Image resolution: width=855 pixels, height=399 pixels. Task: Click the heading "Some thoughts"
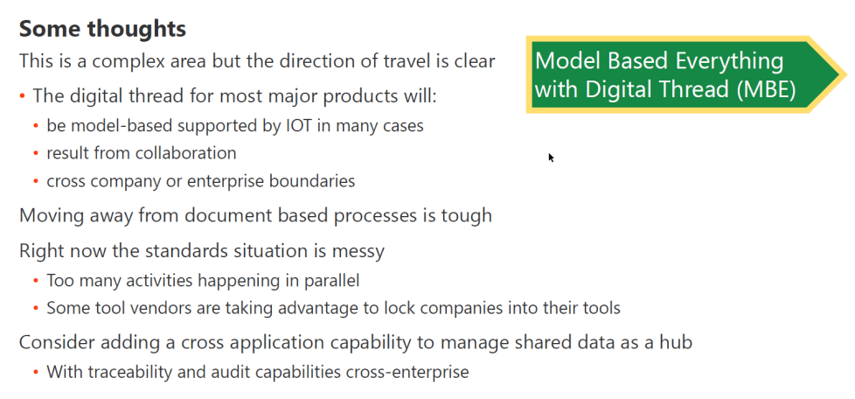102,29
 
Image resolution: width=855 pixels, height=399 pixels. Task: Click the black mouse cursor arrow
551,157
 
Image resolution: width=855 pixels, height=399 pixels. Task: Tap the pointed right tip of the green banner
842,74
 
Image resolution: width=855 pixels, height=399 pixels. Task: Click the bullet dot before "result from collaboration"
36,154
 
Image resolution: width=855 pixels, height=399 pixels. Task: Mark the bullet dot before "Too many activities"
36,282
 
